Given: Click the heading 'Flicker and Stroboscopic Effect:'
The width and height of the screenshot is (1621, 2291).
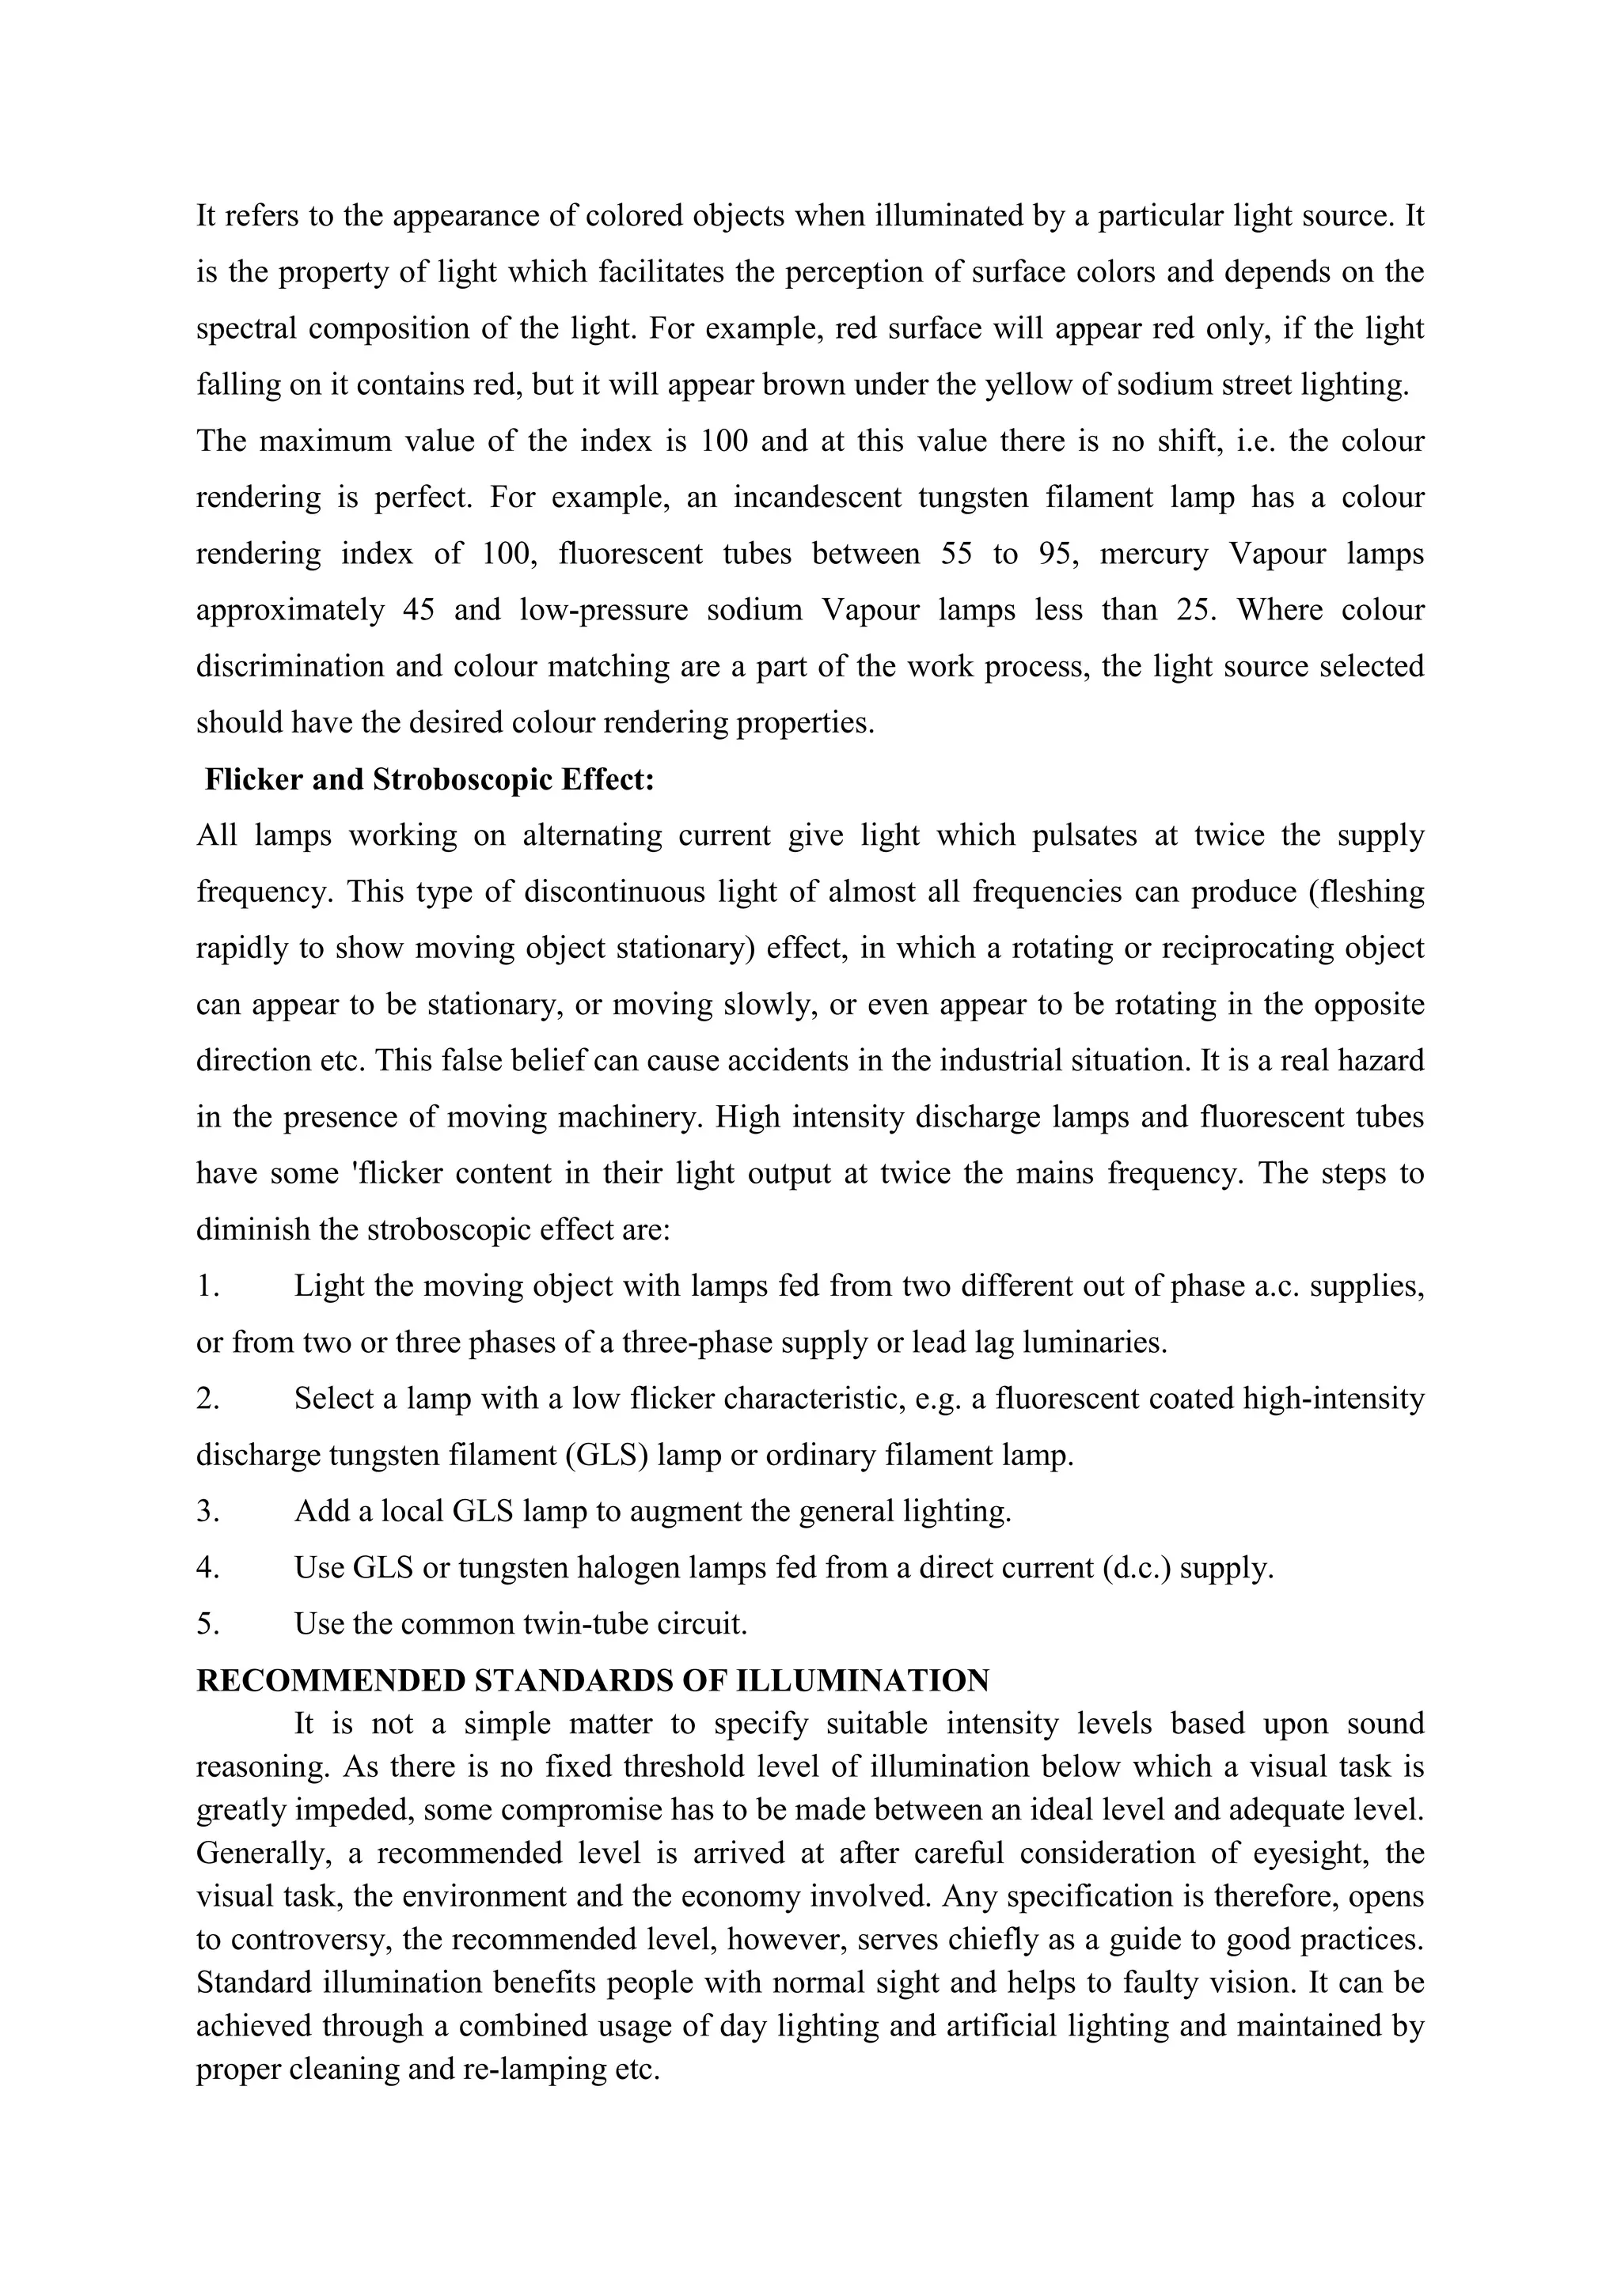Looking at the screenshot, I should click(429, 779).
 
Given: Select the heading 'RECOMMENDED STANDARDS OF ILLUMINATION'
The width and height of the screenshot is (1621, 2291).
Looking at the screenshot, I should click(592, 1680).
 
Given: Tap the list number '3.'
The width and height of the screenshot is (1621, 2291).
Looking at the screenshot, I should click(207, 1512).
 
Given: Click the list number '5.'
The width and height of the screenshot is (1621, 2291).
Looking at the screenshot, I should click(207, 1624).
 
